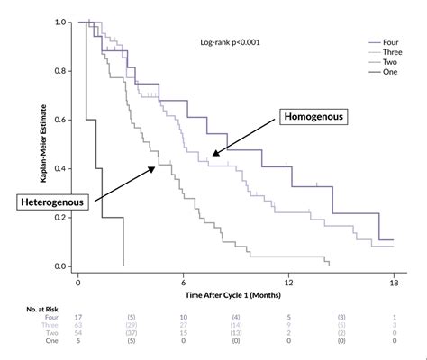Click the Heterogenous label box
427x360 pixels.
click(52, 202)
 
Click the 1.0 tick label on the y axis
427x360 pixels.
click(60, 22)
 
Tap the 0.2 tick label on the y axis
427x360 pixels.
click(60, 218)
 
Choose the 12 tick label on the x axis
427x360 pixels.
click(289, 280)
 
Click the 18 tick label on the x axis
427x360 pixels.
click(394, 280)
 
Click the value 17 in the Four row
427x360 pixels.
click(78, 318)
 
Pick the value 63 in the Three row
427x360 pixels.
click(78, 326)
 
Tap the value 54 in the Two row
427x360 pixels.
click(78, 334)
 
